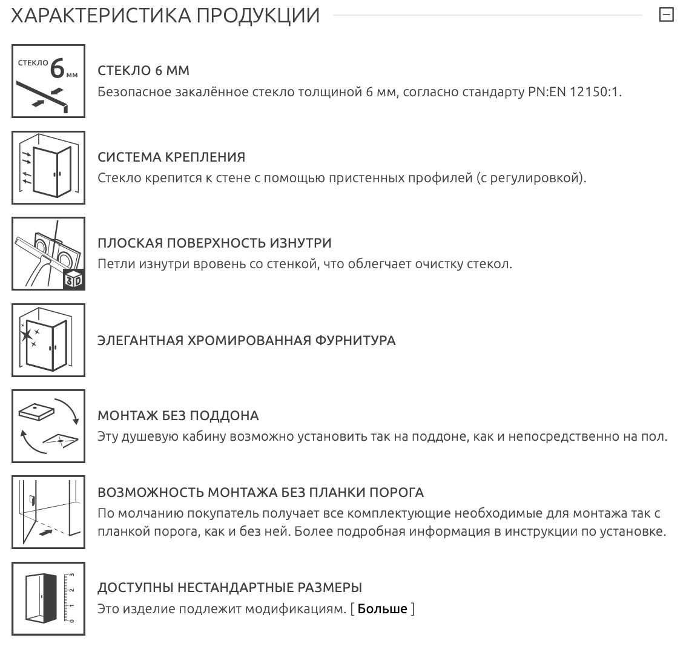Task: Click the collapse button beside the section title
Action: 666,15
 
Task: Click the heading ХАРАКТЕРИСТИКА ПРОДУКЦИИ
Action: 165,16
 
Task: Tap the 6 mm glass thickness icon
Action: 48,81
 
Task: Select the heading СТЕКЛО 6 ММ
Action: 143,71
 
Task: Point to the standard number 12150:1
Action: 596,93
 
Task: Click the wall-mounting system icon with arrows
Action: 48,167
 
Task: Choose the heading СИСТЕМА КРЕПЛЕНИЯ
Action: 171,157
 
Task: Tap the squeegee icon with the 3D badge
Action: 48,253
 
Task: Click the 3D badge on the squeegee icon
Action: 73,279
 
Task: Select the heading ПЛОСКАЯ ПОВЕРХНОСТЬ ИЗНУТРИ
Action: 214,243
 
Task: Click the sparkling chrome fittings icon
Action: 48,340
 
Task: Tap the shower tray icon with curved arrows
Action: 48,426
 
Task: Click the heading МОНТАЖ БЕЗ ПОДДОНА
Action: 178,416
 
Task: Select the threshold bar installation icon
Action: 48,512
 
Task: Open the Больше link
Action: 383,608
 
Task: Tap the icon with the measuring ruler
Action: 48,598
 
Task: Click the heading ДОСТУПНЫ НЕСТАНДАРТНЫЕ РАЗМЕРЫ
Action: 229,588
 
